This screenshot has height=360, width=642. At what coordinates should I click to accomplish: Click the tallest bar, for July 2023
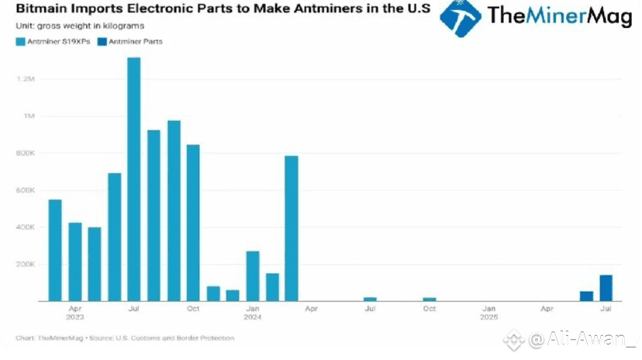tap(133, 179)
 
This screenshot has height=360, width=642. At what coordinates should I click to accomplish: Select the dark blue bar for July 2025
tap(606, 288)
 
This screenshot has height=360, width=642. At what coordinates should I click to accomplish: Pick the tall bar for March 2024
tap(292, 228)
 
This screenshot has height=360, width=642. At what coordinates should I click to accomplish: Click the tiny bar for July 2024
tap(371, 299)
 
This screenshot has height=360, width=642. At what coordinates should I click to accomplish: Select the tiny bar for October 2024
tap(430, 299)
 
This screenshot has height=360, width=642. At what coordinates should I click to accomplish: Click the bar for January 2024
tap(253, 275)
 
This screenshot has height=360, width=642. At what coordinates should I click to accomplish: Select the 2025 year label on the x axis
tap(488, 317)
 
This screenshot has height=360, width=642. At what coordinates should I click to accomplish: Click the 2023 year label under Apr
tap(75, 317)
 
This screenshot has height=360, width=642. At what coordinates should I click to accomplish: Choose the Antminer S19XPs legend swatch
tap(21, 41)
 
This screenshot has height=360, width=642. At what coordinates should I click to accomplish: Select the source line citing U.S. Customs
tap(124, 337)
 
